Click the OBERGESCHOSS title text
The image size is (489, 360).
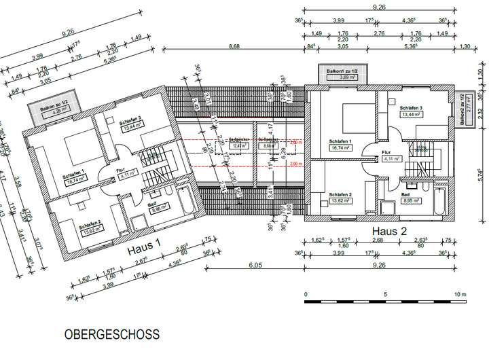click(112, 334)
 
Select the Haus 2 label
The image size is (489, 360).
click(388, 232)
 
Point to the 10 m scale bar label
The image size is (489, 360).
click(460, 295)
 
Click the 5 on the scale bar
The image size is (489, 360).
click(385, 295)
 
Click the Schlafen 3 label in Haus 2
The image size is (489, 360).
click(411, 109)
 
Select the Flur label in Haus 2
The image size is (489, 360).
click(386, 152)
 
